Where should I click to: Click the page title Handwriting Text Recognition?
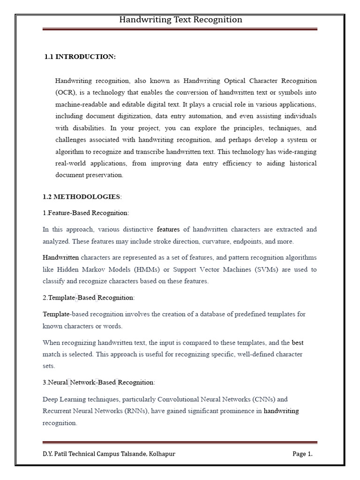click(x=180, y=20)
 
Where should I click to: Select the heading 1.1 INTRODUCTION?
click(x=80, y=57)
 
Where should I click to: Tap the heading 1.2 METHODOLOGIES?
click(x=82, y=196)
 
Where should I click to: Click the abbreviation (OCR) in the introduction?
click(x=64, y=93)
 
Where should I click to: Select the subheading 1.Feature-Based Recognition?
click(x=85, y=213)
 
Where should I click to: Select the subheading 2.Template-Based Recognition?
click(x=88, y=298)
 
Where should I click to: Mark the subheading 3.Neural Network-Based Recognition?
click(x=98, y=382)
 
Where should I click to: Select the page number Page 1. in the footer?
click(x=302, y=454)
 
